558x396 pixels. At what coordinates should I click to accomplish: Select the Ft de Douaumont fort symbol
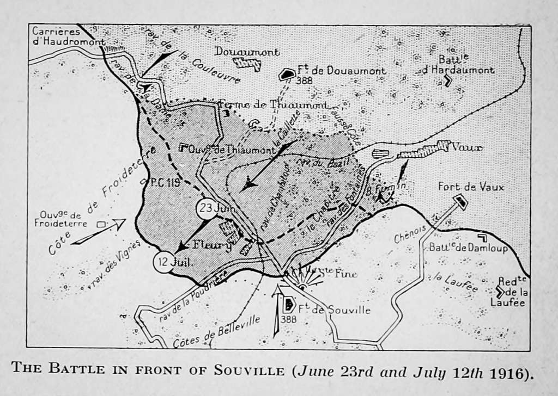point(286,75)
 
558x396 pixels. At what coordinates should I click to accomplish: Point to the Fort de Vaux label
point(471,187)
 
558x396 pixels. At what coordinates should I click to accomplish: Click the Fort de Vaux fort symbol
point(460,202)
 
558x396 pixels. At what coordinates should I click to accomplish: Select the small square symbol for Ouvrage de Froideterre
point(101,224)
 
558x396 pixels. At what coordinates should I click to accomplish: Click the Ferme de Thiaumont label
point(273,104)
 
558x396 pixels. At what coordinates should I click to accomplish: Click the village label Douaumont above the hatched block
point(247,52)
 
